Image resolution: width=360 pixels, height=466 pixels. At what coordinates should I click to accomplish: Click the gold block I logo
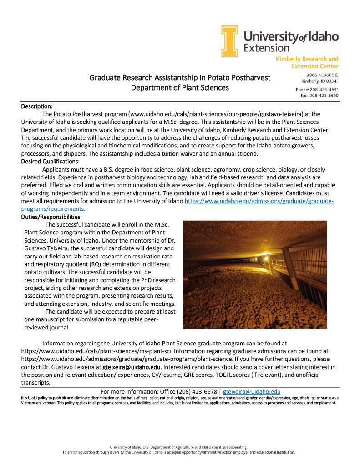[x=230, y=41]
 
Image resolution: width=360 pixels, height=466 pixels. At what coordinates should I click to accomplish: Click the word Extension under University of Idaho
[x=266, y=47]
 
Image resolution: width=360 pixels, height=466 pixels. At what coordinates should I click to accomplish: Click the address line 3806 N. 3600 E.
[x=322, y=75]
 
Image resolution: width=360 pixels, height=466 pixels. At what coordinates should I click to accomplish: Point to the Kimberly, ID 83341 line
[x=317, y=81]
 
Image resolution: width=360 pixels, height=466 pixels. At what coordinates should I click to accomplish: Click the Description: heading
[x=37, y=106]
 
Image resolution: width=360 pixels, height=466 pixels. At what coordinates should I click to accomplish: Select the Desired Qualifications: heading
[x=51, y=161]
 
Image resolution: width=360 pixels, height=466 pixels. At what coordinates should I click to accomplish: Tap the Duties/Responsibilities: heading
[x=51, y=217]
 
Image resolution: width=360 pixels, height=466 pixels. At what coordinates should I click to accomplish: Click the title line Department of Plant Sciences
[x=180, y=87]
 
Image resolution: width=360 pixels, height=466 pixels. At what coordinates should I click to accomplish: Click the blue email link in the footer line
[x=251, y=391]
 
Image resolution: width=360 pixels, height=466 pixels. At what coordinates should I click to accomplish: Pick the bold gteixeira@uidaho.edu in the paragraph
[x=132, y=367]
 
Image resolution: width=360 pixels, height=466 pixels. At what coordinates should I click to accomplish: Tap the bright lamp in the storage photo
[x=266, y=259]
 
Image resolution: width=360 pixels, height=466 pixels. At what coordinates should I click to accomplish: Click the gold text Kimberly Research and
[x=307, y=59]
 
